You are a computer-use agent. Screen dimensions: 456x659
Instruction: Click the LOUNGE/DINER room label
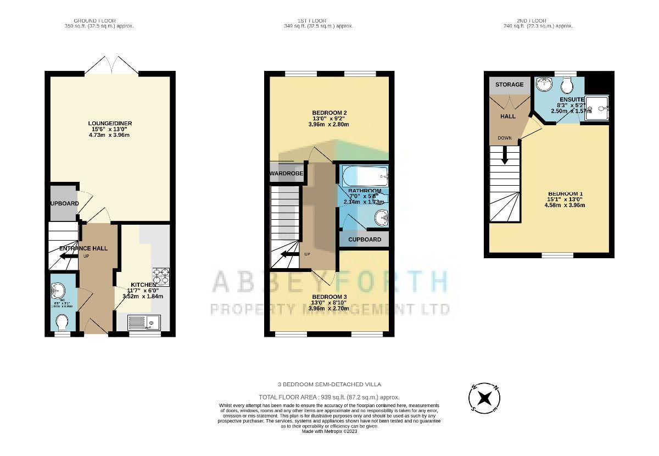click(x=110, y=123)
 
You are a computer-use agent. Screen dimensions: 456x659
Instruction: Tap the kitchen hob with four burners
click(x=160, y=274)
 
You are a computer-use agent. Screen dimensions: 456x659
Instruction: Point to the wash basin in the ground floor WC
click(x=58, y=289)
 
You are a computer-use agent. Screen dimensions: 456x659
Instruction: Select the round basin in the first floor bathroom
click(x=381, y=219)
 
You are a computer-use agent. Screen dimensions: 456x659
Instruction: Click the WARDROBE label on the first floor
click(x=286, y=174)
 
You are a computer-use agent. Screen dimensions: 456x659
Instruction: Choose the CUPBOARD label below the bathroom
click(x=364, y=240)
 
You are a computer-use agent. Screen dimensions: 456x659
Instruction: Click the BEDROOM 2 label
click(x=329, y=113)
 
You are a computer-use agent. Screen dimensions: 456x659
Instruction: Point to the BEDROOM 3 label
click(x=329, y=297)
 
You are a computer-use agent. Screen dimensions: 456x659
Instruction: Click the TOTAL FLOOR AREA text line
click(x=329, y=397)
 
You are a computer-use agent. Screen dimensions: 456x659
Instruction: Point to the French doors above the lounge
click(x=111, y=65)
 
